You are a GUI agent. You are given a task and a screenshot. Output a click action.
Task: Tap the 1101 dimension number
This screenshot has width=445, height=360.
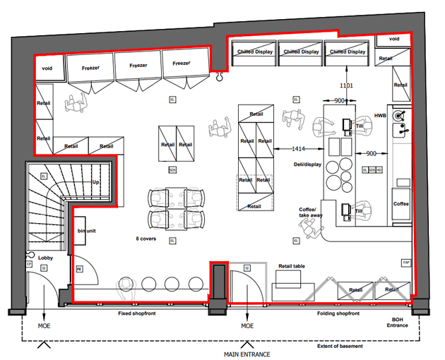click(346, 85)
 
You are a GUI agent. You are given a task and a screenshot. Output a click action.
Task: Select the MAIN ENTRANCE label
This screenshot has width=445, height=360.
click(245, 353)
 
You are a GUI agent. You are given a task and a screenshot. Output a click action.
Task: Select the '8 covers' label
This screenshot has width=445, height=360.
click(146, 239)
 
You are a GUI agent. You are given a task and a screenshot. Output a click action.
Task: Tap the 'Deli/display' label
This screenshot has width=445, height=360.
click(307, 165)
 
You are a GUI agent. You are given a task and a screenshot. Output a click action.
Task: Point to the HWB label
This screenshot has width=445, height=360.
click(380, 115)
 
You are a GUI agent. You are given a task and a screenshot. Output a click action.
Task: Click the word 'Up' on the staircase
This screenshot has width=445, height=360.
click(96, 181)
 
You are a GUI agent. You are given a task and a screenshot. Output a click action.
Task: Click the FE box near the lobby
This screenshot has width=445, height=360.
click(79, 268)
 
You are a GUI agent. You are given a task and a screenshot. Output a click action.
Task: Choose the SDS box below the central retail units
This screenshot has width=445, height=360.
click(172, 170)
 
